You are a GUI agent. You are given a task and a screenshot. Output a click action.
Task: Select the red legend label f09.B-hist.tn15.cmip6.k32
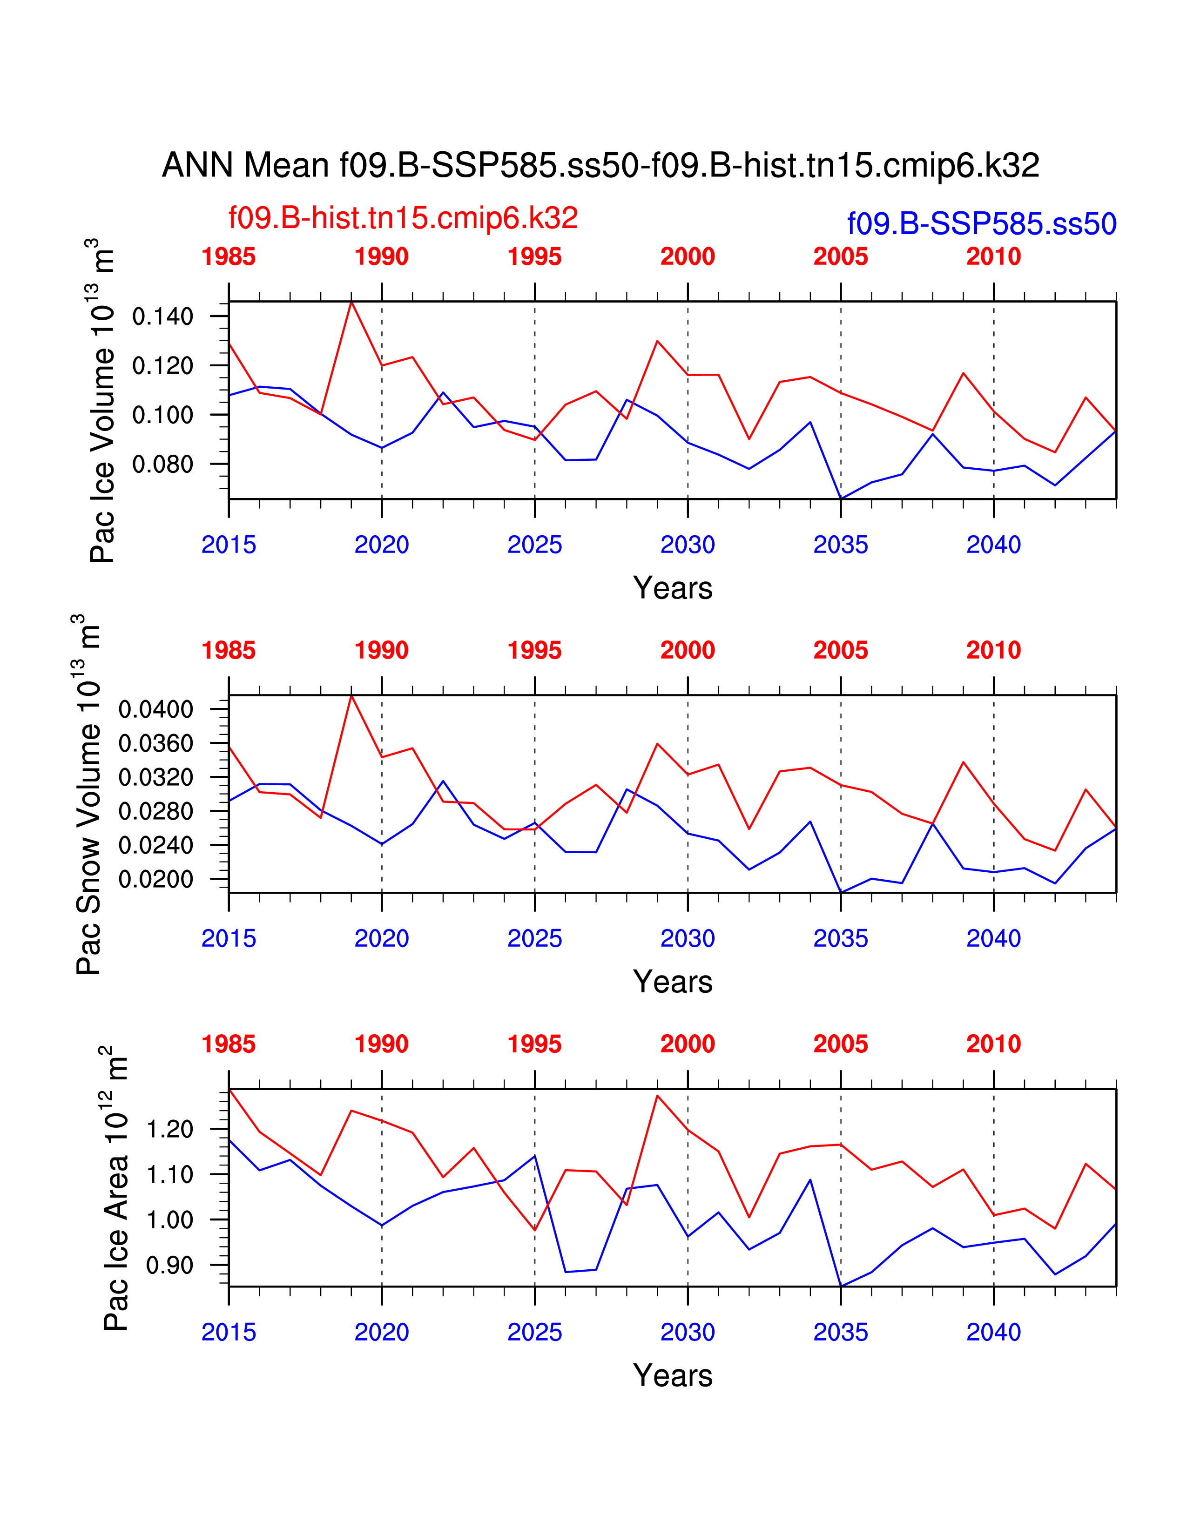pyautogui.click(x=403, y=218)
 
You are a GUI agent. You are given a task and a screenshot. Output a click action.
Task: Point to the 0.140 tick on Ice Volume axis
pyautogui.click(x=162, y=317)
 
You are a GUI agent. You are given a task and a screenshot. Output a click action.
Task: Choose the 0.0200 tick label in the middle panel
pyautogui.click(x=155, y=879)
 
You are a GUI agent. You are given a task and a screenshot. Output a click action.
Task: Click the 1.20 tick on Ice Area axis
pyautogui.click(x=169, y=1130)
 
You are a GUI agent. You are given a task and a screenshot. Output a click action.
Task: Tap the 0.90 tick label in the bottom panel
pyautogui.click(x=169, y=1266)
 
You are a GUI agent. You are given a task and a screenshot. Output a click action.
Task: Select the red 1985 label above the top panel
pyautogui.click(x=229, y=257)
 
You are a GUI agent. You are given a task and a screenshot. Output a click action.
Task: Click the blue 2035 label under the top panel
pyautogui.click(x=840, y=545)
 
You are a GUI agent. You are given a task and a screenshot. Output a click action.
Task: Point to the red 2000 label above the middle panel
pyautogui.click(x=687, y=651)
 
